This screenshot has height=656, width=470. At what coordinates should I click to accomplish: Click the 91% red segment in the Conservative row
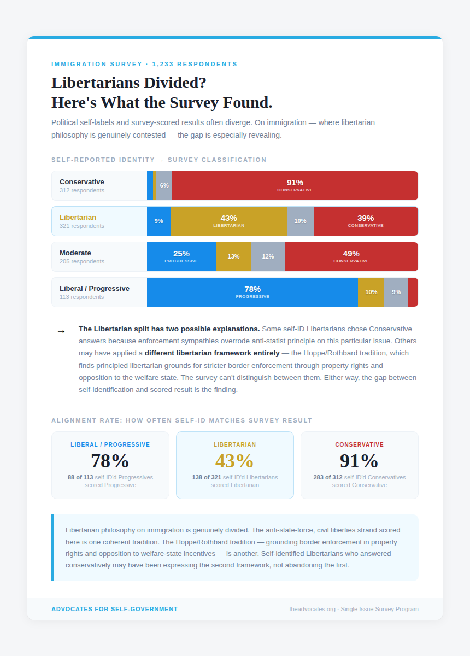295,185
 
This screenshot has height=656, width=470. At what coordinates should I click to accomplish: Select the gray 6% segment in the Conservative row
164,185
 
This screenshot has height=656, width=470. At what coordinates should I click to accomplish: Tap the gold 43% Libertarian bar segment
228,221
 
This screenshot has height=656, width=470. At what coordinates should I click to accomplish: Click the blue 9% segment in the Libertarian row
158,221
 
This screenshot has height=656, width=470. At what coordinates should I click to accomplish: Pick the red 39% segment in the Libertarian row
366,221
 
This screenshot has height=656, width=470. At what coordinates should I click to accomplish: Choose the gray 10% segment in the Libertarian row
300,221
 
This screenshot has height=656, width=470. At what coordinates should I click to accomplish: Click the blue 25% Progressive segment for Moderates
181,256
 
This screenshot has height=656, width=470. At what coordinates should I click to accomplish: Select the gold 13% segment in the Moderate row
233,256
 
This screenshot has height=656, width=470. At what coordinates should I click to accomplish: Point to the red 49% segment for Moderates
351,256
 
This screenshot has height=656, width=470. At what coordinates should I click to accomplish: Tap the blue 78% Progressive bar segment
252,292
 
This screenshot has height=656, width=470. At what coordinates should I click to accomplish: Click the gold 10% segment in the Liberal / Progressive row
371,292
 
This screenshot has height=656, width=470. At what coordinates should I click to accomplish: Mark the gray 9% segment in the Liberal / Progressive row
396,292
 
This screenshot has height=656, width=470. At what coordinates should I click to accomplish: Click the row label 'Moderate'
75,253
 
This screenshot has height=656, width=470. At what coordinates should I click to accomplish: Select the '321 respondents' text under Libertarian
82,226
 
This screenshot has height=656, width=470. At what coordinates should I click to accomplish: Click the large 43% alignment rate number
234,461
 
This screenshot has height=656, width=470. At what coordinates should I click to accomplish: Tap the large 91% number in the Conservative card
359,461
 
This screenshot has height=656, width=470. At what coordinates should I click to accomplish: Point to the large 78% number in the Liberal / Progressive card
110,461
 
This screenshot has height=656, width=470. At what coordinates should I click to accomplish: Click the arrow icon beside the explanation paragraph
61,331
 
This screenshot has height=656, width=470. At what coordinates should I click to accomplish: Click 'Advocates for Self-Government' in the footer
114,609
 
